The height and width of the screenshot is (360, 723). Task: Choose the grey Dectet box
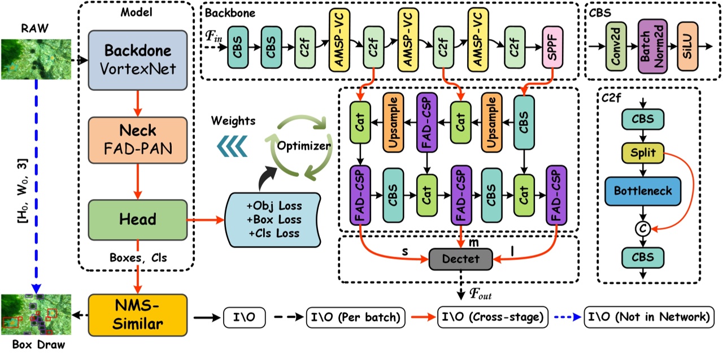point(461,259)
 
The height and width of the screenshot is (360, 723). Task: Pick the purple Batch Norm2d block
point(651,47)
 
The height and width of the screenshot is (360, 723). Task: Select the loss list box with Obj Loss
point(272,219)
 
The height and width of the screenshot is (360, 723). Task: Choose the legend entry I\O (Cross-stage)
point(493,317)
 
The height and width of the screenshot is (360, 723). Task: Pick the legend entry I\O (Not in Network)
point(649,317)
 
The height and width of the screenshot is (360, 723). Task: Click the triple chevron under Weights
point(231,145)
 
